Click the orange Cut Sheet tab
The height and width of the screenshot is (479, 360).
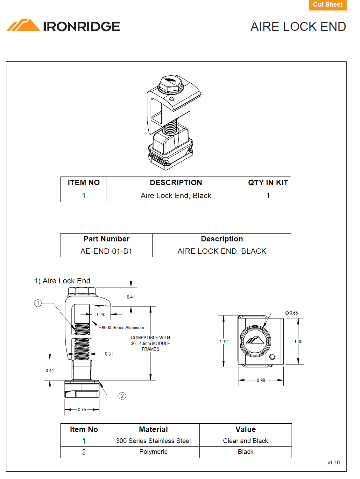[x=327, y=5]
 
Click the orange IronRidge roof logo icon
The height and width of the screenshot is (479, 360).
[x=23, y=25]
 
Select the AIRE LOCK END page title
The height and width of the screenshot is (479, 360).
[x=298, y=27]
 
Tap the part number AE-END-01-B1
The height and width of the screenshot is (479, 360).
[x=106, y=251]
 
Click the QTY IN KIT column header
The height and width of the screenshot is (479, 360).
[x=268, y=183]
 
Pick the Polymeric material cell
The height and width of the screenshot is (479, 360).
[x=153, y=452]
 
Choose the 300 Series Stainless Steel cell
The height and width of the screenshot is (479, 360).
[x=153, y=441]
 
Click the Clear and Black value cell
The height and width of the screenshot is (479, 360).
[x=245, y=441]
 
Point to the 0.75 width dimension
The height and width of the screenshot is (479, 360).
[x=82, y=410]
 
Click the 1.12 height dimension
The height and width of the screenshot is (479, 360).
[x=223, y=342]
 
